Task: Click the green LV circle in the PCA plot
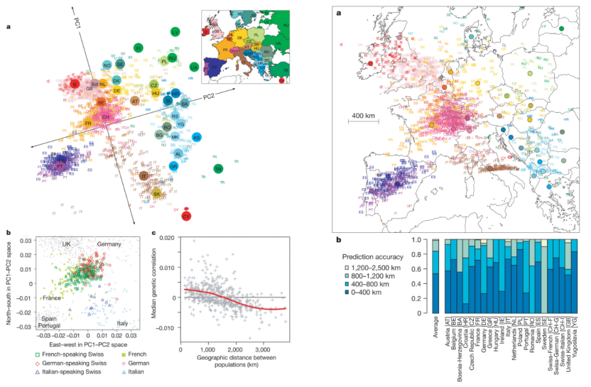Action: coord(175,32)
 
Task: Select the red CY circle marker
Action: coord(187,214)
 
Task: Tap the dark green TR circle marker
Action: coord(218,168)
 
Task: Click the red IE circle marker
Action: coord(76,85)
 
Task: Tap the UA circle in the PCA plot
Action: coord(194,67)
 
